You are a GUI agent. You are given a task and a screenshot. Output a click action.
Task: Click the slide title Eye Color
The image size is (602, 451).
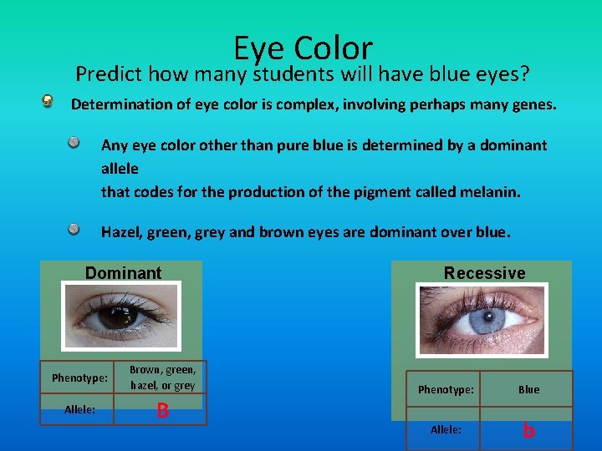coord(303,48)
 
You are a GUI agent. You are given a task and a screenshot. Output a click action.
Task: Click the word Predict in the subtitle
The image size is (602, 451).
coord(109,74)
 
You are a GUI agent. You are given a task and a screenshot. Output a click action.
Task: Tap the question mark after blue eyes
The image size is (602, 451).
coord(524,74)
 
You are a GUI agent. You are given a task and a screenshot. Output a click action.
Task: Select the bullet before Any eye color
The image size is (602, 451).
coord(75,143)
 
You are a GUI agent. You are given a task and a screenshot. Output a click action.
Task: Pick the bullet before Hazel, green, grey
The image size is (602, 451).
coord(75,228)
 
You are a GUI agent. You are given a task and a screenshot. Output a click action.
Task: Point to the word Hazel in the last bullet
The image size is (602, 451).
coord(120,231)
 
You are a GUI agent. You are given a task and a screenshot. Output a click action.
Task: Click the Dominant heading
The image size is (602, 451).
coord(123,273)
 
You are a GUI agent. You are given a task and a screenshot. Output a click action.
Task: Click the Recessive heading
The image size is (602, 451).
coord(484,273)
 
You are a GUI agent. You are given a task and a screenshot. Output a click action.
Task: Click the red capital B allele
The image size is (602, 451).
coord(162,410)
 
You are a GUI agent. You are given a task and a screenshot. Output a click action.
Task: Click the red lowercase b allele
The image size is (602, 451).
coord(528,430)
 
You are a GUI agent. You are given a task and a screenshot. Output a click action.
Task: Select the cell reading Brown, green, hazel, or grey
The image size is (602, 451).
coord(162,378)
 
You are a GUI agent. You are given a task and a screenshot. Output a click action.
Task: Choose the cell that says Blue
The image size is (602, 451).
coord(528,389)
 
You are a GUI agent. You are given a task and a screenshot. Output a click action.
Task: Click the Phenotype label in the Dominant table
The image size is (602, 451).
coord(79,378)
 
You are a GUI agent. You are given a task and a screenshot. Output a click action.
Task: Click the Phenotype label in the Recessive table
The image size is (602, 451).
coord(445,389)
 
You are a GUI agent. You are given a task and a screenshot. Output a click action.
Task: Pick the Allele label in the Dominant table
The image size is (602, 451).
coord(79,409)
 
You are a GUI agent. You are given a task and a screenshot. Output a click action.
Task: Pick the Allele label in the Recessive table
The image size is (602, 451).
coord(445,428)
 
